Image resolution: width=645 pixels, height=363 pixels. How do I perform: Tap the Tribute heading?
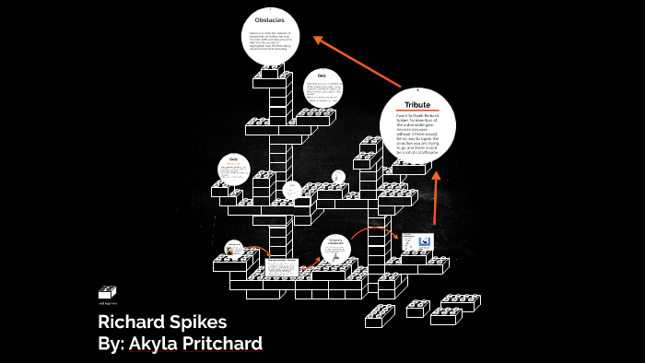416,105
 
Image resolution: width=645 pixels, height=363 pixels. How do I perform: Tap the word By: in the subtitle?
114,345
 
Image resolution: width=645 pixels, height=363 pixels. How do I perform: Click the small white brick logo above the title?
107,291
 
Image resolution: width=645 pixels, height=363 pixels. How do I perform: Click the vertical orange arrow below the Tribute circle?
434,197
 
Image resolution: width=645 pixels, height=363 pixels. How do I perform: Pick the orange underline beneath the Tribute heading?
416,112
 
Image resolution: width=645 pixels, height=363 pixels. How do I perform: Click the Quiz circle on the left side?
234,170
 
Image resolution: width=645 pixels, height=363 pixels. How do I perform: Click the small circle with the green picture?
234,249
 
